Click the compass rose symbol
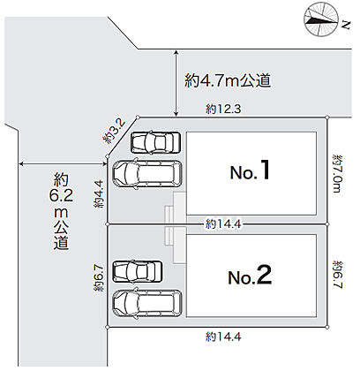pyautogui.click(x=320, y=19)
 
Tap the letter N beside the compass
pyautogui.click(x=346, y=25)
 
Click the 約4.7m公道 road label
pyautogui.click(x=228, y=80)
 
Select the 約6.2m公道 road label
pyautogui.click(x=61, y=211)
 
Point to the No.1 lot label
pyautogui.click(x=250, y=170)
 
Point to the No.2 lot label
pyautogui.click(x=250, y=276)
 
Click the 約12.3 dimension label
pyautogui.click(x=223, y=110)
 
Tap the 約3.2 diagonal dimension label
pyautogui.click(x=114, y=131)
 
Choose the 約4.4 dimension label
pyautogui.click(x=99, y=194)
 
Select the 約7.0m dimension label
pyautogui.click(x=337, y=173)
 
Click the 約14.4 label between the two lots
pyautogui.click(x=223, y=224)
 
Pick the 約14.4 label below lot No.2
pyautogui.click(x=223, y=337)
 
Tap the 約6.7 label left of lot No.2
pyautogui.click(x=99, y=278)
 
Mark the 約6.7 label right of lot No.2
pyautogui.click(x=338, y=275)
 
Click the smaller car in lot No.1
pyautogui.click(x=155, y=142)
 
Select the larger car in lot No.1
pyautogui.click(x=147, y=174)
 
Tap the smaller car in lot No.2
pyautogui.click(x=138, y=271)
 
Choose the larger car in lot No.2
pyautogui.click(x=147, y=304)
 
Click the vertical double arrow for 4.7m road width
pyautogui.click(x=176, y=83)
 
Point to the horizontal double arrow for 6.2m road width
pyautogui.click(x=63, y=163)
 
